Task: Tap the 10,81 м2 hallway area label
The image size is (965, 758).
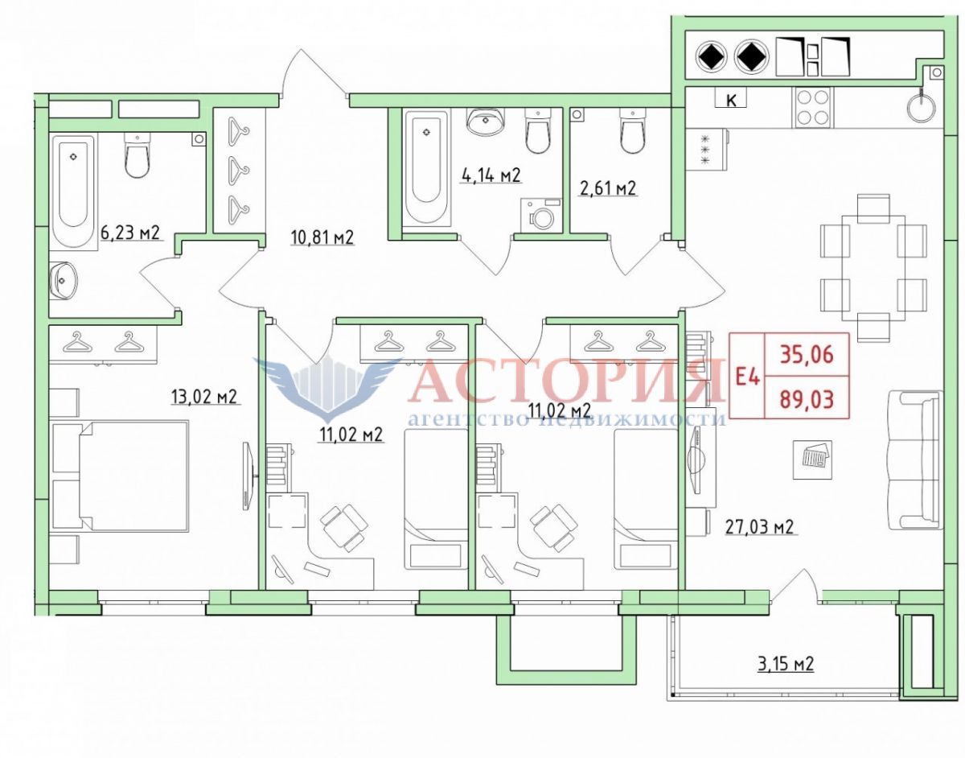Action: click(x=322, y=237)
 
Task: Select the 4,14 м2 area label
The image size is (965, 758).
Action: click(x=491, y=175)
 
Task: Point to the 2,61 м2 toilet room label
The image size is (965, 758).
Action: click(x=608, y=188)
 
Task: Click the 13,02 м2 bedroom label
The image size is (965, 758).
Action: click(x=205, y=397)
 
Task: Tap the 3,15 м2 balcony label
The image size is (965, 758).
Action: click(x=786, y=664)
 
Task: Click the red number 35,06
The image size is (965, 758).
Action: click(x=807, y=355)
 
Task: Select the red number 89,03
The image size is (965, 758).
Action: click(x=807, y=399)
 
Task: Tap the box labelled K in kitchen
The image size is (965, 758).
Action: click(x=730, y=98)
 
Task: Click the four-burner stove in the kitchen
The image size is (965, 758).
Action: click(x=813, y=107)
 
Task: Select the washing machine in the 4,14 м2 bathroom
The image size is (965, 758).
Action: click(x=541, y=215)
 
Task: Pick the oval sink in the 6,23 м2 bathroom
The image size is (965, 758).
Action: click(x=63, y=281)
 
